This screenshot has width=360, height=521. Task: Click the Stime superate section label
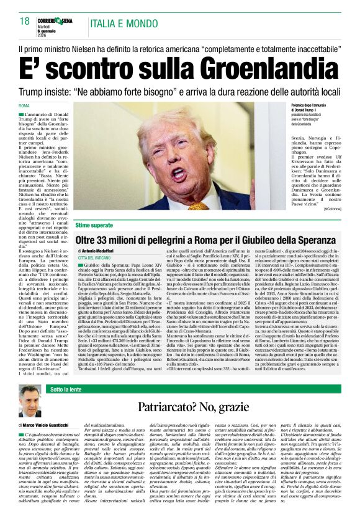[94, 225]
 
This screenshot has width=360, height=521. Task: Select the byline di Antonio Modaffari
[99, 251]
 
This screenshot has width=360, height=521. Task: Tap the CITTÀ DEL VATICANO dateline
[94, 257]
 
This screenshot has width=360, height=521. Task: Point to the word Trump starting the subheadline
[33, 92]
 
